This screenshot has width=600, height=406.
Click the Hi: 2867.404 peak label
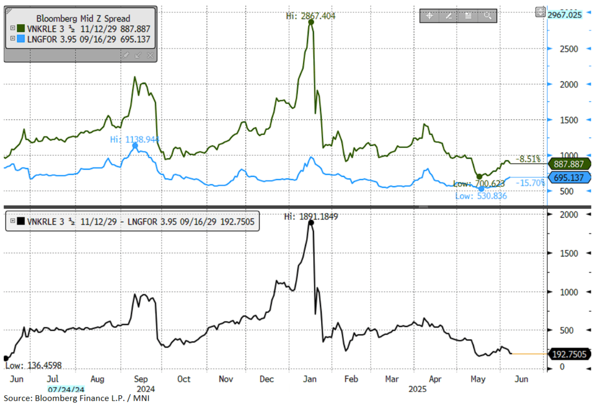point(310,16)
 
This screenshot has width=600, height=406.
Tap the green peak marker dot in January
point(311,22)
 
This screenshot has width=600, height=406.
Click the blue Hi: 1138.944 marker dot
point(135,146)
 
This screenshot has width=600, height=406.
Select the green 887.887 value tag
point(569,164)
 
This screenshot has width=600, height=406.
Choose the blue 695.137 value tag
point(569,178)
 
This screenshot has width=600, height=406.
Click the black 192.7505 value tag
point(569,354)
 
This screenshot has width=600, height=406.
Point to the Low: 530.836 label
point(481,196)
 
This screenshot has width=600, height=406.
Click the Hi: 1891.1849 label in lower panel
point(311,216)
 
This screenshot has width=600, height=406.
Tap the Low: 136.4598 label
point(33,365)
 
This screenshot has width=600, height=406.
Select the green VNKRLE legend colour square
point(21,29)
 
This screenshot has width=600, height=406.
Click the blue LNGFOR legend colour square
point(21,39)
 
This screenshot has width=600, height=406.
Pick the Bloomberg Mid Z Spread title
point(83,19)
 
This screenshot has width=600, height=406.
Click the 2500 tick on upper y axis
point(569,49)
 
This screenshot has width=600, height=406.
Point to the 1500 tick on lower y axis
point(569,253)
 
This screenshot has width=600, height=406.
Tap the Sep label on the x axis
point(141,379)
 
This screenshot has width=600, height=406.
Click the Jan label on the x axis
point(309,379)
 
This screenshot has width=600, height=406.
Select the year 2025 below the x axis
point(417,389)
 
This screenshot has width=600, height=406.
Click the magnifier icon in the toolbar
point(487,16)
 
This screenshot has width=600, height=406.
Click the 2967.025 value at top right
point(565,15)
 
